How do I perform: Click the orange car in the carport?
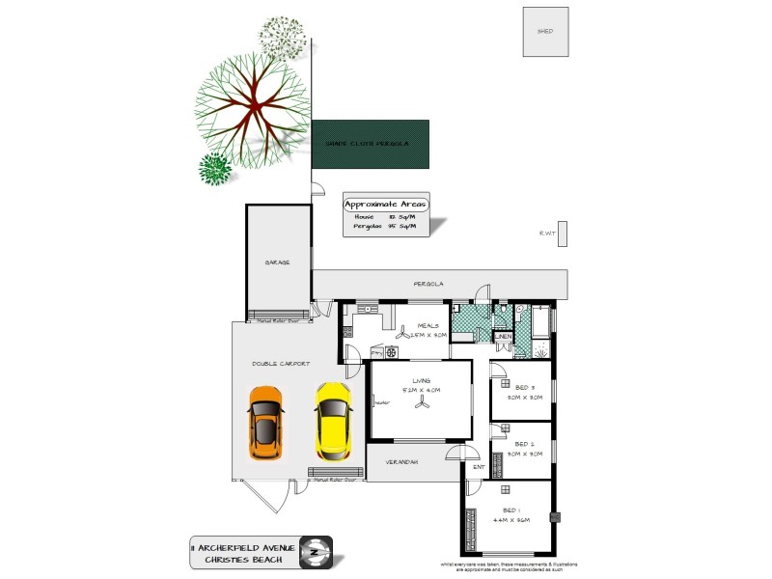[266, 423]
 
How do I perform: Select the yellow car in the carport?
[331, 421]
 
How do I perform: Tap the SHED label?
[545, 31]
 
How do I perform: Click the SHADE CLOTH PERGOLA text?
[361, 143]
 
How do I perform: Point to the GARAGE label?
[278, 262]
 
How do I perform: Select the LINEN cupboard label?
[503, 337]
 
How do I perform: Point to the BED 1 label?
[510, 510]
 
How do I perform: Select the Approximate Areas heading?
[386, 204]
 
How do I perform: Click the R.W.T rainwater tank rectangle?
[563, 234]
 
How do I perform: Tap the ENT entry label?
[479, 467]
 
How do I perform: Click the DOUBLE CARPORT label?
[281, 363]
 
